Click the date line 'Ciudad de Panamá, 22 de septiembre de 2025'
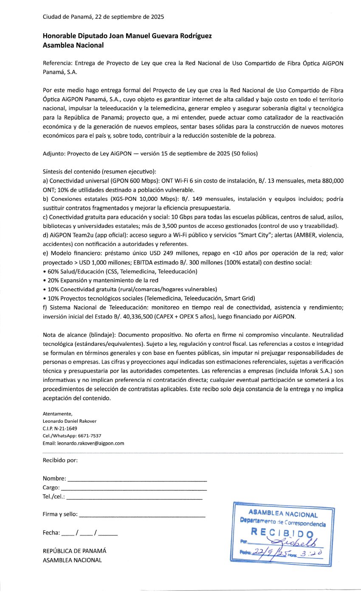103,17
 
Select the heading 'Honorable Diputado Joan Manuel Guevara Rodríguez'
127,36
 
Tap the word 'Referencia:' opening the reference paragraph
57,63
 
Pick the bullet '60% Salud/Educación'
120,271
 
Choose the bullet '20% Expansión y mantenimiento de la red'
101,280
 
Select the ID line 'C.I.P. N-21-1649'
60,428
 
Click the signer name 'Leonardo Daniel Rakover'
70,421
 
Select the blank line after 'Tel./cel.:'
135,498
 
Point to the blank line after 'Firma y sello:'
142,515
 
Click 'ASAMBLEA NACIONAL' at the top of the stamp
283,514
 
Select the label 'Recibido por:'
60,460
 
